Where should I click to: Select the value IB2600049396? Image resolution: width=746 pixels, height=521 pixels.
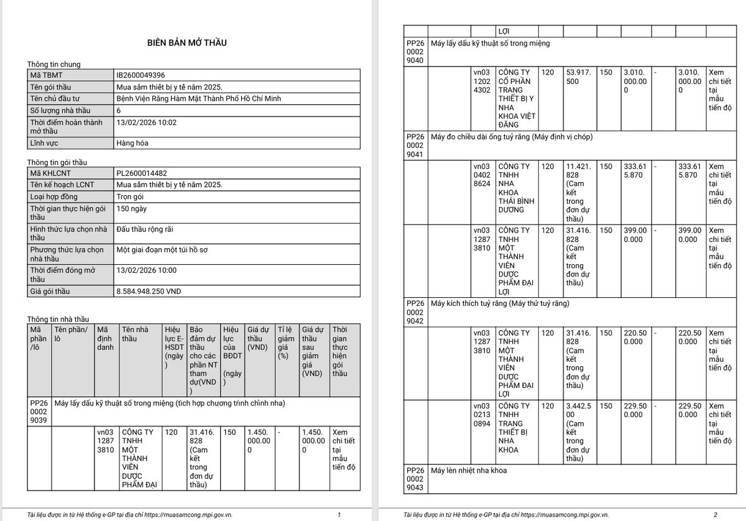(x=140, y=75)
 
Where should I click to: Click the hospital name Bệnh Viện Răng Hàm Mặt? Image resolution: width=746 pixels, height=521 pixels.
(x=187, y=98)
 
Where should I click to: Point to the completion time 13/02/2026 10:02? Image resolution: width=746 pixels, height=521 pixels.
(x=147, y=122)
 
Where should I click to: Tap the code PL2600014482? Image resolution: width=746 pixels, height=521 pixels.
(x=142, y=173)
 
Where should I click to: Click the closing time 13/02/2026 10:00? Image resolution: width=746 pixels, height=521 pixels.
(x=147, y=270)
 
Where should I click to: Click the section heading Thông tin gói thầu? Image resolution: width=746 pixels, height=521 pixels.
(x=57, y=162)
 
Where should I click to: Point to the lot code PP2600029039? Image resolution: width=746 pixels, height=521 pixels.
(x=39, y=412)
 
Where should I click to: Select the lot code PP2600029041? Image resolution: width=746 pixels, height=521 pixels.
(x=415, y=145)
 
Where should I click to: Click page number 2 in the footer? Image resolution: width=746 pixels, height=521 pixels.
(x=715, y=515)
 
